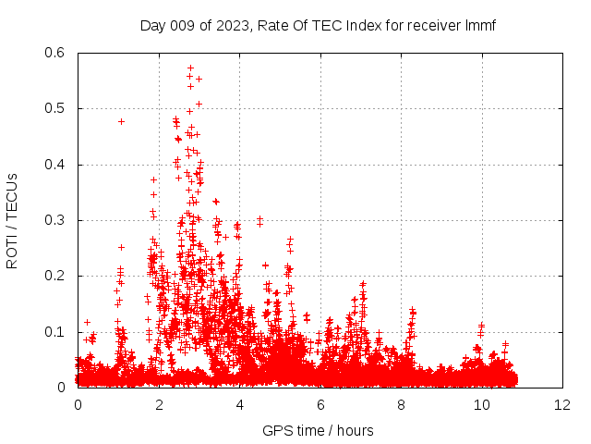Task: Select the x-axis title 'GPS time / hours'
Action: coord(319,430)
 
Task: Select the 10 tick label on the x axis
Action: coord(482,405)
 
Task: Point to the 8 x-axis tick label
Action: coord(401,405)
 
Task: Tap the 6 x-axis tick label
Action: coord(320,405)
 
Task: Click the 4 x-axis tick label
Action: coord(239,405)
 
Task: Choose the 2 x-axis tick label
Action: coord(159,405)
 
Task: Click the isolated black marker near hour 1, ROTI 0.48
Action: coord(121,121)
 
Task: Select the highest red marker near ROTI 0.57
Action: coord(190,68)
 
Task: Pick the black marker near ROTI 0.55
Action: coord(199,79)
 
